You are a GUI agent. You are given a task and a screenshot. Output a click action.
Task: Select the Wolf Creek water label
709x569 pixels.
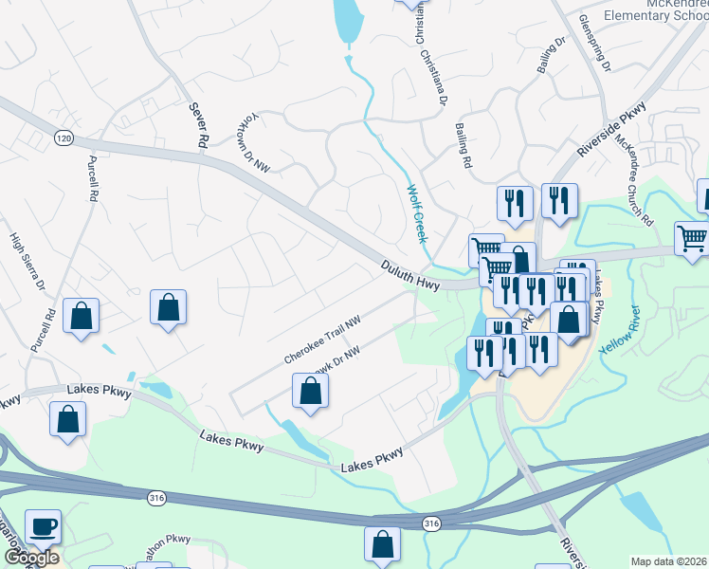coord(416,212)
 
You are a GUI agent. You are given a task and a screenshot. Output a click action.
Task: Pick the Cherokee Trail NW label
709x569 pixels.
coord(323,340)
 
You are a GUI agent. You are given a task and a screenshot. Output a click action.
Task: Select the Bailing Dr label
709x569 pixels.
coord(552,56)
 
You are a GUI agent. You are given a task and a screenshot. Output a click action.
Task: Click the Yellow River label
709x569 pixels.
coord(621,332)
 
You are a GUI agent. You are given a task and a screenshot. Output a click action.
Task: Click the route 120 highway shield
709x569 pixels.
coord(64,138)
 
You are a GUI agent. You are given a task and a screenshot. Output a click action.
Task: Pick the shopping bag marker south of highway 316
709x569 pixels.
coord(382,544)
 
